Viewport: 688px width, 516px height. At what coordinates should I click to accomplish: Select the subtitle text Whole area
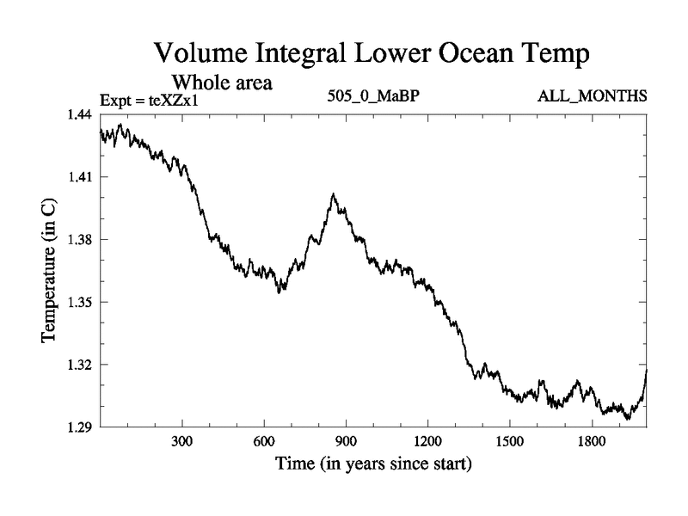[x=223, y=83]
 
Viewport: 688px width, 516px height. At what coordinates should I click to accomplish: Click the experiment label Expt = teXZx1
[x=155, y=99]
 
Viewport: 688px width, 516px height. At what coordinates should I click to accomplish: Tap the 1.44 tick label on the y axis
[x=82, y=114]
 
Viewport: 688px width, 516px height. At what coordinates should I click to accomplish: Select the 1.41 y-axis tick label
[x=82, y=177]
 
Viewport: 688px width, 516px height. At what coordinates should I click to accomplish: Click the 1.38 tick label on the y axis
[x=82, y=239]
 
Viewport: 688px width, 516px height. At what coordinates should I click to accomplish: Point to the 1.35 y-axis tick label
[x=82, y=302]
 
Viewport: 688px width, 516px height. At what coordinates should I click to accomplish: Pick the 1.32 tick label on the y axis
[x=82, y=365]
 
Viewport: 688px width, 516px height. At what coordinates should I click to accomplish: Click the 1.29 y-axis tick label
[x=82, y=427]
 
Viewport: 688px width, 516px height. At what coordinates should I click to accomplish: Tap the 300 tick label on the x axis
[x=182, y=442]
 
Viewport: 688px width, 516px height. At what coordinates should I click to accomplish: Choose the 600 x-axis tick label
[x=264, y=442]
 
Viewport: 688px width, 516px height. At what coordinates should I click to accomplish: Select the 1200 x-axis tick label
[x=427, y=442]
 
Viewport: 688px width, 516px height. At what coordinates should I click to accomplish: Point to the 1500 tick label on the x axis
[x=509, y=442]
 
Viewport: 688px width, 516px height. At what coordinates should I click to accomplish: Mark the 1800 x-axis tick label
[x=591, y=442]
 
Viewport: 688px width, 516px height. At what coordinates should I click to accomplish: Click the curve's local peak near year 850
[x=333, y=195]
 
